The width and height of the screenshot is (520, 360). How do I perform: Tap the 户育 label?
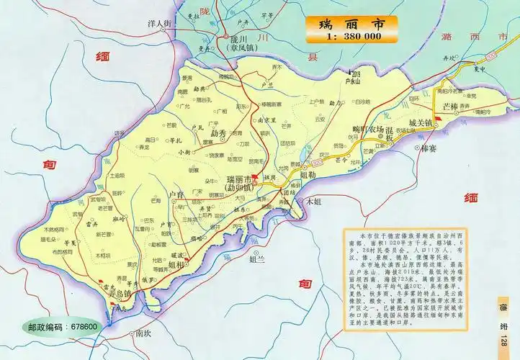[176, 194]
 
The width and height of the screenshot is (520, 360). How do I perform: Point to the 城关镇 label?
[419, 123]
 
